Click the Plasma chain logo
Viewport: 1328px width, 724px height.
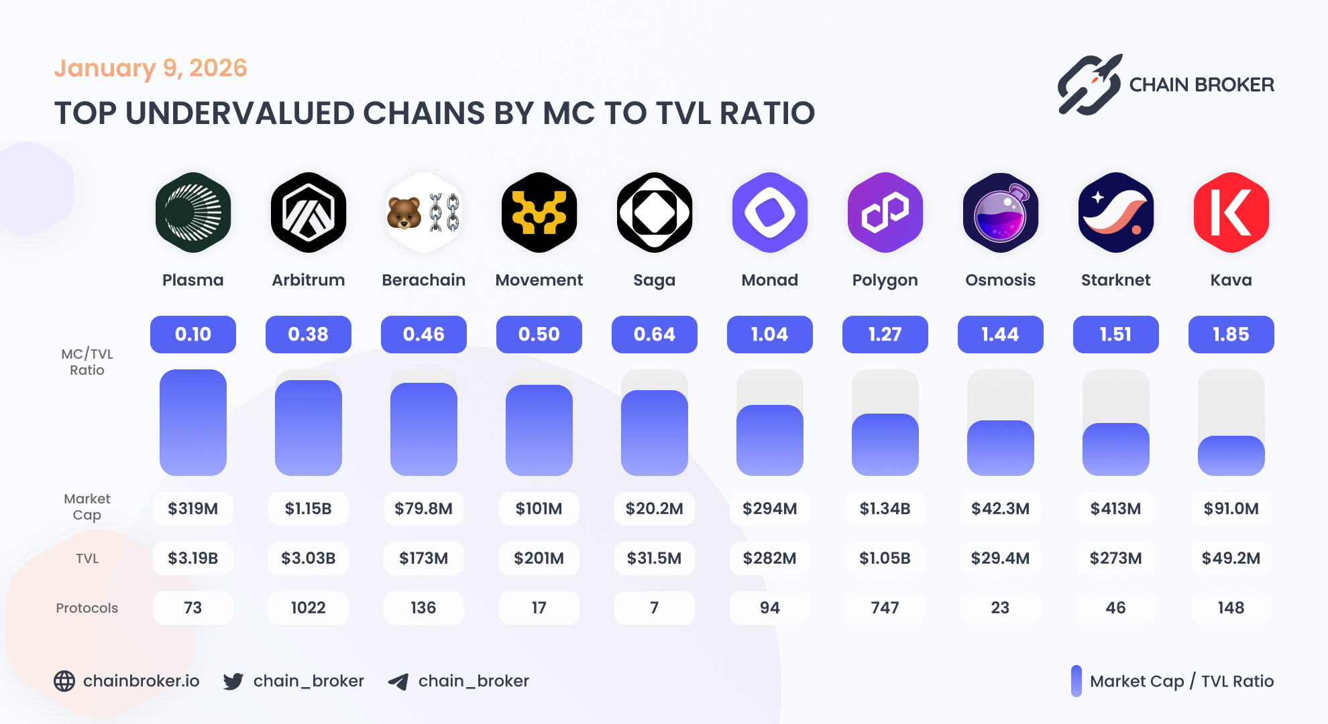(193, 213)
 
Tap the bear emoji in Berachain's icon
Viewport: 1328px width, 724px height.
(404, 213)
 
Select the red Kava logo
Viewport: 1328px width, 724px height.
(1231, 213)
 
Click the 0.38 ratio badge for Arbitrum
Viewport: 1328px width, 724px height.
(308, 334)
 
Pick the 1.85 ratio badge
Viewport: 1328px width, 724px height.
(1231, 334)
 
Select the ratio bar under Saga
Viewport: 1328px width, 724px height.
(654, 432)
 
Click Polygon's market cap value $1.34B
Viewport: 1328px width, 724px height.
(885, 509)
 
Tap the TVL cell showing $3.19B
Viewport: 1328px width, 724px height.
(193, 558)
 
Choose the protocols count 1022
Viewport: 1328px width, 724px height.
(308, 608)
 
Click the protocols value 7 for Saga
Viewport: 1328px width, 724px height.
(654, 608)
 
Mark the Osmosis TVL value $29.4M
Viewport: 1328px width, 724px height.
(1000, 558)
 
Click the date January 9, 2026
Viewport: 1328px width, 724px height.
(150, 68)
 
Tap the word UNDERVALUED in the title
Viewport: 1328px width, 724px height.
(238, 113)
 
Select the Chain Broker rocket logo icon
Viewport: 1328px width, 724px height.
(1089, 85)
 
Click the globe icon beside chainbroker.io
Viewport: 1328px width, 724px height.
(64, 681)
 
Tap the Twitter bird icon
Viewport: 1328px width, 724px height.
(233, 681)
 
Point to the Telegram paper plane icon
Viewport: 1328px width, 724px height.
(398, 682)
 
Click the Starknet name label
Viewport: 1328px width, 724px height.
(1115, 280)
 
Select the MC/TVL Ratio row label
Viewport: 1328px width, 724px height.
(87, 362)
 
